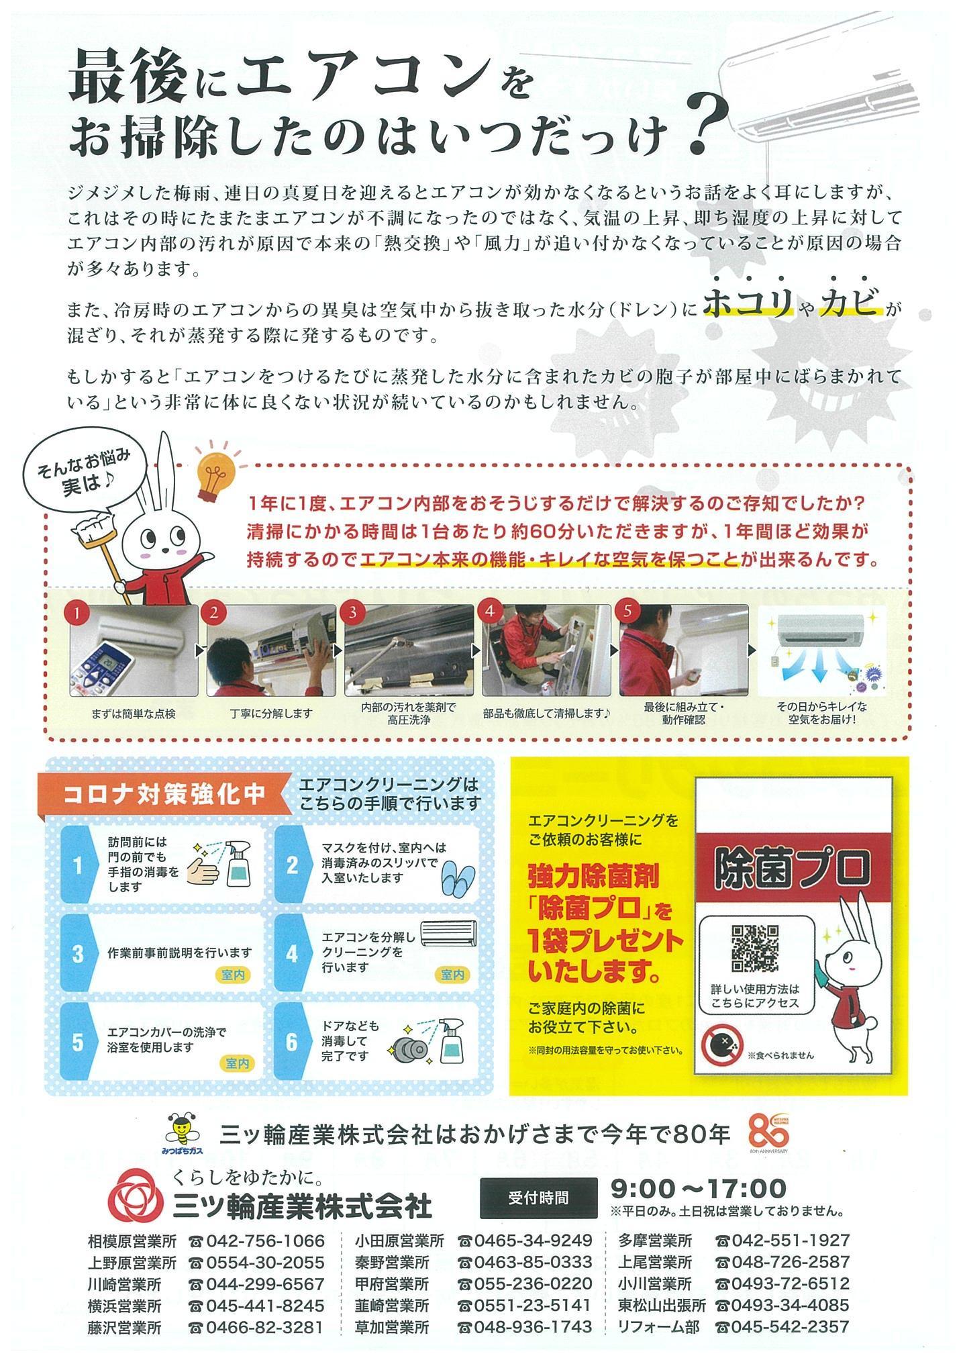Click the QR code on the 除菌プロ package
tap(754, 947)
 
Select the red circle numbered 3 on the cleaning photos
tap(352, 612)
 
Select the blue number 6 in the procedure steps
tap(291, 1041)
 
